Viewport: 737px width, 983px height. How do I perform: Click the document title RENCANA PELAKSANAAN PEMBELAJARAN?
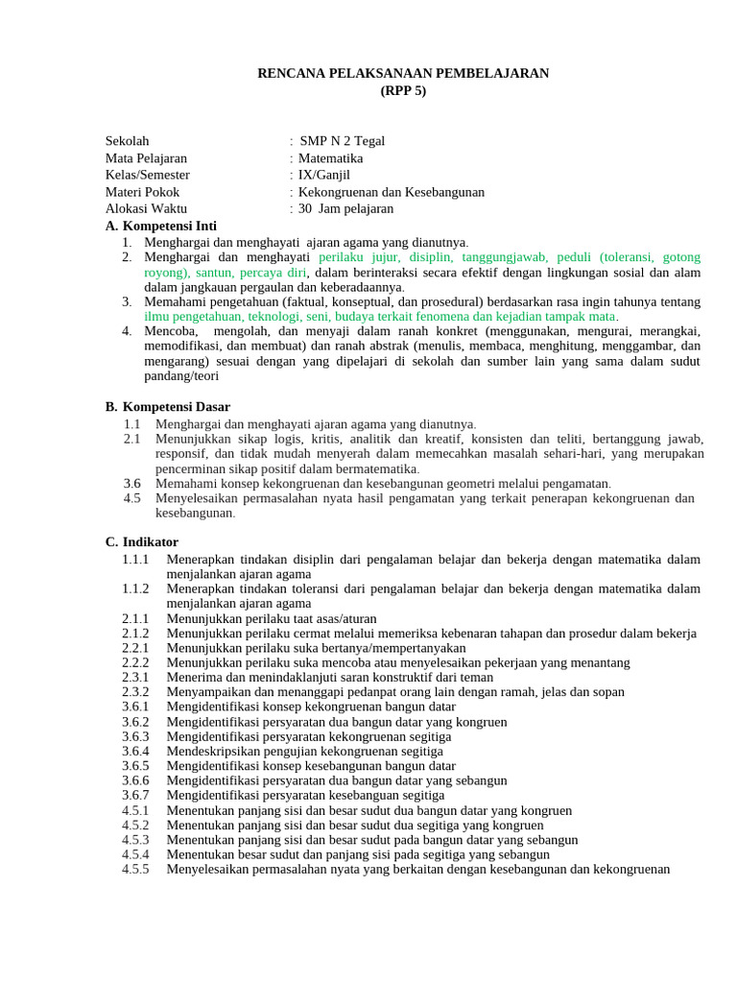(403, 73)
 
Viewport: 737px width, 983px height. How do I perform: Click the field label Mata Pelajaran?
(146, 157)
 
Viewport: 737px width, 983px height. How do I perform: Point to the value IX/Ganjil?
(324, 175)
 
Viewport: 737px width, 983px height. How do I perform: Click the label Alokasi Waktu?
(146, 208)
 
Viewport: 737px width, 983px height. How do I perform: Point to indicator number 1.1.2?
(135, 588)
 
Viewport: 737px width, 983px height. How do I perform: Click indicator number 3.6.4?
(135, 751)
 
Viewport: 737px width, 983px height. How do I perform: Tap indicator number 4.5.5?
(135, 870)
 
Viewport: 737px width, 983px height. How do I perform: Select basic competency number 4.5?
(132, 498)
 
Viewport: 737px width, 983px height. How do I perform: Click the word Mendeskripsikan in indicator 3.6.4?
(213, 751)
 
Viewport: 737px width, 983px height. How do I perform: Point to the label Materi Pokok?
(142, 192)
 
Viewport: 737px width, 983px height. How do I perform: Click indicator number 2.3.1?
(135, 677)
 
